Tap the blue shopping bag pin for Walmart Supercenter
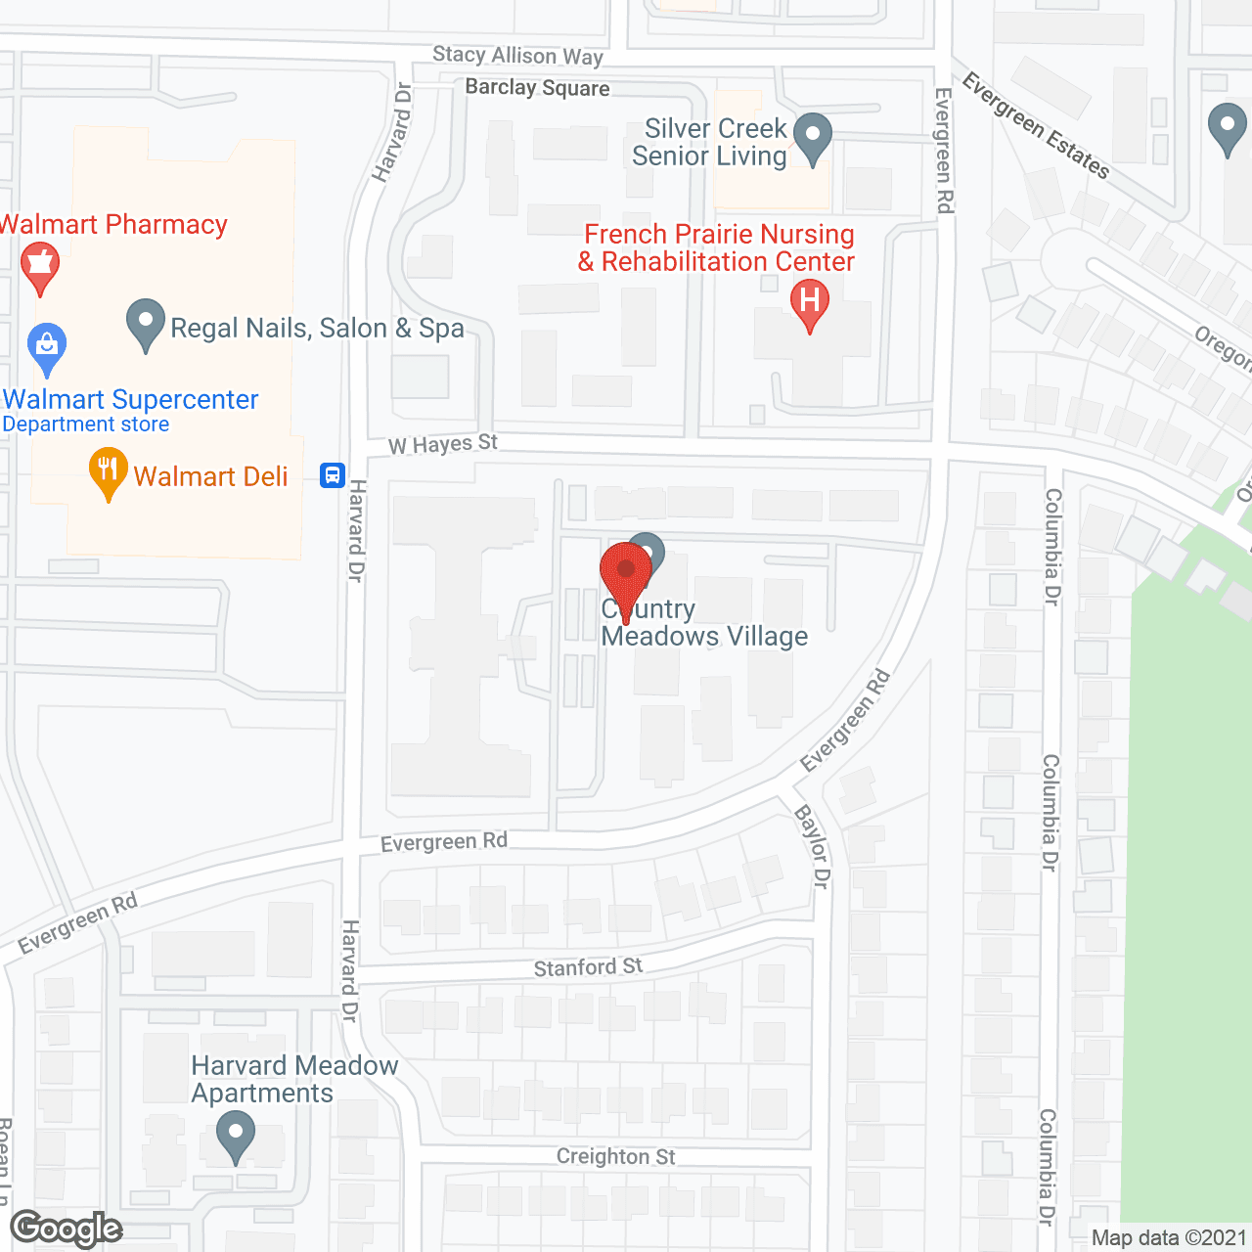pyautogui.click(x=47, y=347)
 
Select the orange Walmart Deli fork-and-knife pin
pyautogui.click(x=109, y=472)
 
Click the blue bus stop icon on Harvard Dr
pyautogui.click(x=333, y=475)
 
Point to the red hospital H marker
pyautogui.click(x=810, y=302)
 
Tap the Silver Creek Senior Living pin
pyautogui.click(x=812, y=137)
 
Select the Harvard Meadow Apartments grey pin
pyautogui.click(x=235, y=1137)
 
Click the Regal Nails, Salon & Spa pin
pyautogui.click(x=146, y=323)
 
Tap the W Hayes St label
pyautogui.click(x=443, y=445)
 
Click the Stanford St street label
pyautogui.click(x=588, y=967)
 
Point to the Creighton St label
pyautogui.click(x=615, y=1156)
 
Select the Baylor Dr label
pyautogui.click(x=813, y=847)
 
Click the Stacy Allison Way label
pyautogui.click(x=517, y=56)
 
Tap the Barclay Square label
pyautogui.click(x=537, y=88)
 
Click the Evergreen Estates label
pyautogui.click(x=1036, y=126)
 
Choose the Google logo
pyautogui.click(x=67, y=1229)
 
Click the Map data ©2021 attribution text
pyautogui.click(x=1169, y=1238)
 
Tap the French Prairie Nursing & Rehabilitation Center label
pyautogui.click(x=718, y=248)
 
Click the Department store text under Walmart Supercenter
pyautogui.click(x=86, y=425)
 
